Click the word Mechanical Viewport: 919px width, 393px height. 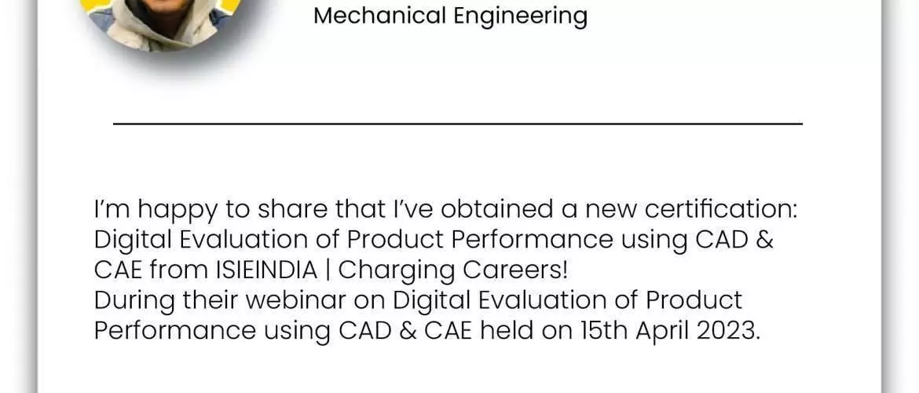pos(379,16)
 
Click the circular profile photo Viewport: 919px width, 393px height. pos(165,20)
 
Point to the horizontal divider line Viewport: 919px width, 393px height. pos(458,123)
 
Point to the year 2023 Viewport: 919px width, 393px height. pos(728,332)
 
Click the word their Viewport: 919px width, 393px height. pos(211,301)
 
